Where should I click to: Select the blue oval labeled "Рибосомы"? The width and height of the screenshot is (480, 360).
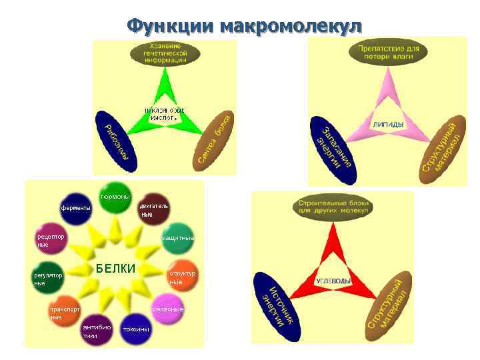(117, 139)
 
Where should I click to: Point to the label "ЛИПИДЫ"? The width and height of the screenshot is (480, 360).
(387, 125)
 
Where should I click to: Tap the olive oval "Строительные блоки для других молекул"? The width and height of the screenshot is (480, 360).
(333, 207)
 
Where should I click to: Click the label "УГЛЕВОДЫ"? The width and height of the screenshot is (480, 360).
(333, 281)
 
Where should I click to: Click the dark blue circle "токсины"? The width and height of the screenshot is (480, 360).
(135, 329)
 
